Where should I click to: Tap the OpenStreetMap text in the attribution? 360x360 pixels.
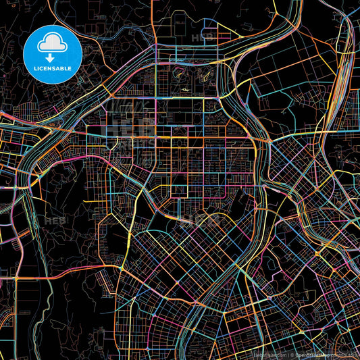[x=314, y=355]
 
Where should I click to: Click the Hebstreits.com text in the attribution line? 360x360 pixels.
[x=270, y=355]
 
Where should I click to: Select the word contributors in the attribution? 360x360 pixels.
[x=346, y=355]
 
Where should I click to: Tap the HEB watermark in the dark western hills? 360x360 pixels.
[x=54, y=220]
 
